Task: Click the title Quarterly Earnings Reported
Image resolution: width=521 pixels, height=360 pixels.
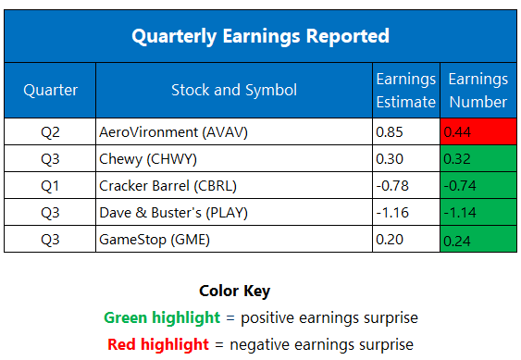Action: coord(260,36)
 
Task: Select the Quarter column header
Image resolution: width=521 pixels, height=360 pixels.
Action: coord(50,90)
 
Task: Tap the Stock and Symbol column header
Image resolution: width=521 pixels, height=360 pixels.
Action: coord(234,90)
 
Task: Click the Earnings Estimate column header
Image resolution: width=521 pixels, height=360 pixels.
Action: coord(405,90)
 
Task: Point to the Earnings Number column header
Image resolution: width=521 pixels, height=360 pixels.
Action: coord(478,90)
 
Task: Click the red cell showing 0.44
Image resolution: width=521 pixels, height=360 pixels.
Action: coord(478,131)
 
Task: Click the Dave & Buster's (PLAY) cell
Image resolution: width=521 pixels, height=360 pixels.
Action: coord(164,212)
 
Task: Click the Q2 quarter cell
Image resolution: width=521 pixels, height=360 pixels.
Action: coord(50,131)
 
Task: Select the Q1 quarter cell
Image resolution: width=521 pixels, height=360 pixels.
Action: coord(50,185)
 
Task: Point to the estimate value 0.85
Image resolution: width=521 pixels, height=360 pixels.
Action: coord(390,131)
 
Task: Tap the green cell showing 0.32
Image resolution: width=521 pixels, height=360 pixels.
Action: coord(478,158)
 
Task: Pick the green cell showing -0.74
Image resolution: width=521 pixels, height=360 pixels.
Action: coord(478,185)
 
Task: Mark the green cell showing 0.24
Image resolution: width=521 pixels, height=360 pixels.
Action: coord(478,239)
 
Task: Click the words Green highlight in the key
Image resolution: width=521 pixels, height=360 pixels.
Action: coord(162,317)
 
